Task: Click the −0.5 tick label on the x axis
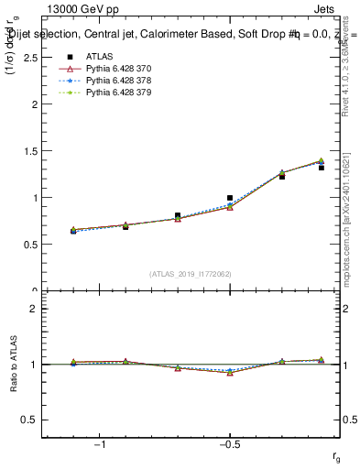(x=229, y=445)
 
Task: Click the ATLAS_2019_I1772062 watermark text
(x=191, y=273)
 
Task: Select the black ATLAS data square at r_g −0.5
(x=230, y=198)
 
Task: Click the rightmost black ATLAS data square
(x=322, y=168)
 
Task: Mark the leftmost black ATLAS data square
(x=73, y=231)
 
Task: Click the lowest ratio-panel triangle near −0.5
(x=230, y=373)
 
